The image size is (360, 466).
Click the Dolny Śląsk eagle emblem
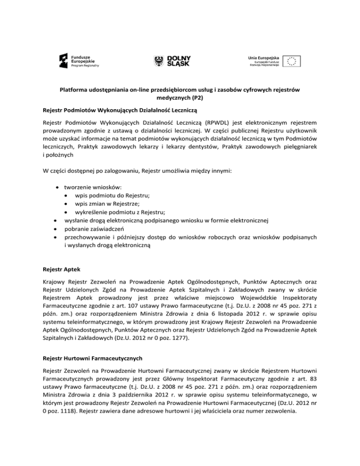(159, 60)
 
